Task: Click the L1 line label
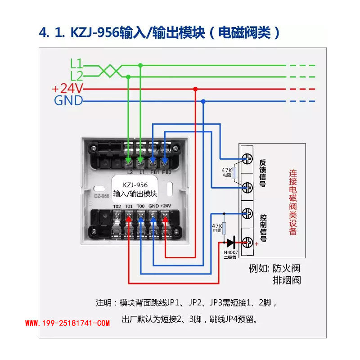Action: [x=76, y=64]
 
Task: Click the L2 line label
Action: [x=76, y=76]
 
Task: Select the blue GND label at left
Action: [x=68, y=100]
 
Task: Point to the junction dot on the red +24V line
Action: [x=195, y=89]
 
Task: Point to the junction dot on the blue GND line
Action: [x=203, y=101]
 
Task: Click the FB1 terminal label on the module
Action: [x=154, y=172]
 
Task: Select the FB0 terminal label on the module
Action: [x=166, y=172]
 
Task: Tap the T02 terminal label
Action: [x=117, y=206]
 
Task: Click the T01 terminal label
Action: [x=129, y=206]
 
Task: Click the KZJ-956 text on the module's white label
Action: [x=135, y=185]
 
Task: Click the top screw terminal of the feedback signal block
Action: [x=247, y=159]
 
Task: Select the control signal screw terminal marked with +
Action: [x=247, y=243]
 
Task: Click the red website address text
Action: [x=67, y=323]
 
